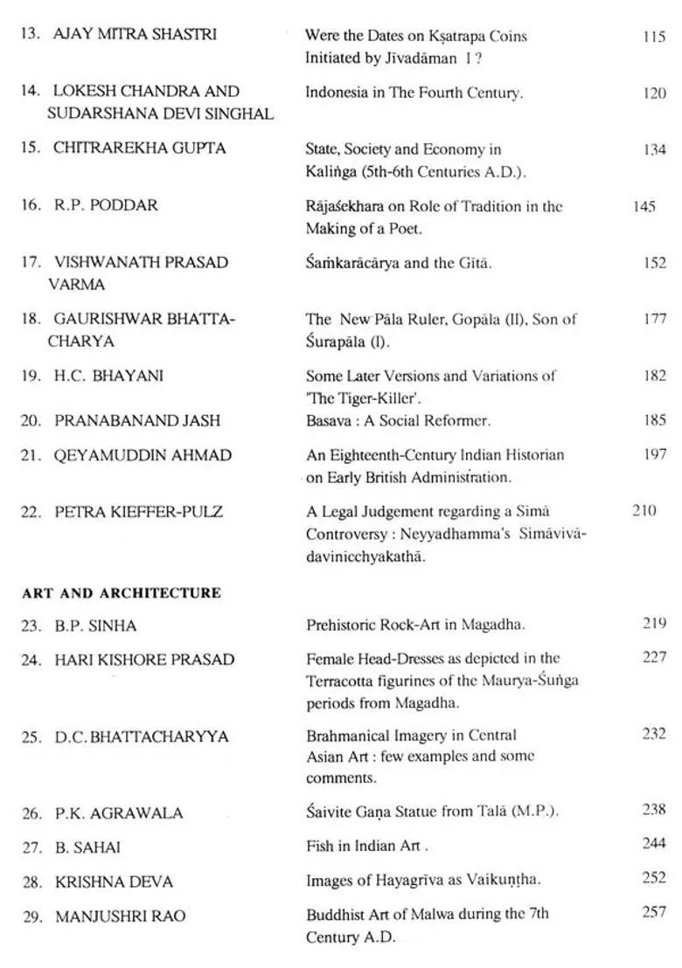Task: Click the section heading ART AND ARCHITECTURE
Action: point(122,593)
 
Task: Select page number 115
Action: point(653,38)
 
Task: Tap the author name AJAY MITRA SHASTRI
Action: point(136,35)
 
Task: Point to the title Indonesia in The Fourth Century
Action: point(414,93)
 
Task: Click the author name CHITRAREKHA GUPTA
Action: point(140,149)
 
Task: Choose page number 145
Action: point(644,207)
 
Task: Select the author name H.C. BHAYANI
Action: point(108,377)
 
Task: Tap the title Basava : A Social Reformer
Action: point(398,420)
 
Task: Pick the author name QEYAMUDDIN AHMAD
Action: point(143,455)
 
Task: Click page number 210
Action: point(644,510)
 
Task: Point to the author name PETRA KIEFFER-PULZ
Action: point(138,512)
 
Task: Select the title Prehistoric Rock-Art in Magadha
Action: point(415,625)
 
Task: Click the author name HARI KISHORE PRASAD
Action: point(144,660)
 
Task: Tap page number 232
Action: point(653,734)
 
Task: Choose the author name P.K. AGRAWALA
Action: point(119,813)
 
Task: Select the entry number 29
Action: point(32,916)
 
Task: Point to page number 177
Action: point(654,319)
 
